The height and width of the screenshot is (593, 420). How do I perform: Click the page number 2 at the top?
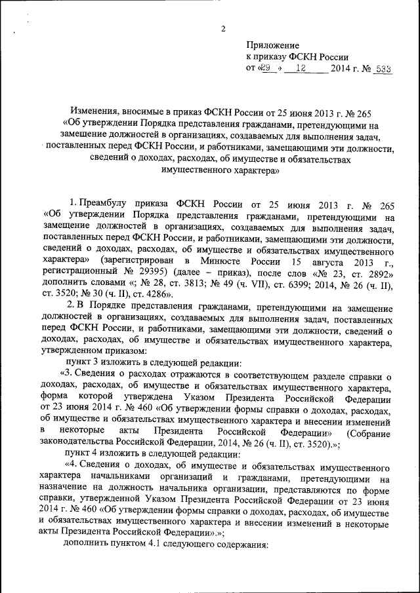[x=224, y=28]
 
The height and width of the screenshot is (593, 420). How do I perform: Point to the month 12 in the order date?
[x=303, y=69]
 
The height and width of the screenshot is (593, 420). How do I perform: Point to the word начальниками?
[x=129, y=479]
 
